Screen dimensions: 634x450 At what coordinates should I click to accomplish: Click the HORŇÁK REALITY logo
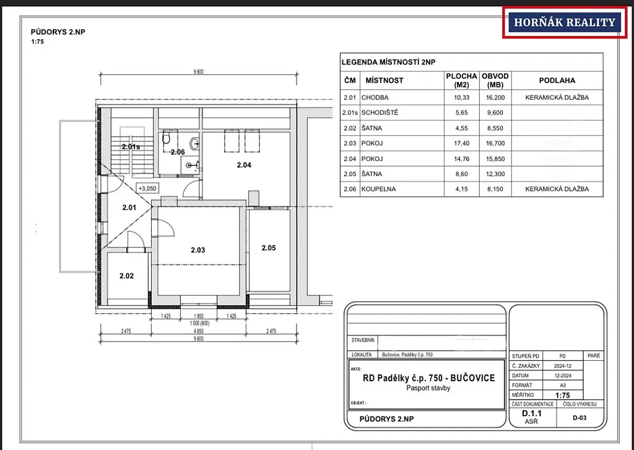(565, 22)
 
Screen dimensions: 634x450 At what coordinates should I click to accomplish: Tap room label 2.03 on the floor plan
(198, 250)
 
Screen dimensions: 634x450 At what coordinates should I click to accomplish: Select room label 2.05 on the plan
(269, 248)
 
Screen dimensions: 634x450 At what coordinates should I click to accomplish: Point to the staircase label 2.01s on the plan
(131, 147)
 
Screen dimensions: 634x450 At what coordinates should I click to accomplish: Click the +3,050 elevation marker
(147, 188)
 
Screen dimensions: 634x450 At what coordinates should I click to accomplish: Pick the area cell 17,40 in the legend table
(461, 143)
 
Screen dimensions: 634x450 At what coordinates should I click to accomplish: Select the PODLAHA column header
(557, 81)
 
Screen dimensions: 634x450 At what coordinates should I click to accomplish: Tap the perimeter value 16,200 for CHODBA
(495, 97)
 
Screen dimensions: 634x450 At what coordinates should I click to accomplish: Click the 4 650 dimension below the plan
(199, 331)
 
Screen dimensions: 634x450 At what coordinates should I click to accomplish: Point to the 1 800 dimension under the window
(199, 316)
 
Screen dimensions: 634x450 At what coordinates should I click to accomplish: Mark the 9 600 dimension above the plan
(199, 72)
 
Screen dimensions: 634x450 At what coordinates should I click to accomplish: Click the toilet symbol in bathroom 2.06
(166, 138)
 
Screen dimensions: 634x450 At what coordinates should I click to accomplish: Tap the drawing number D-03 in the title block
(580, 418)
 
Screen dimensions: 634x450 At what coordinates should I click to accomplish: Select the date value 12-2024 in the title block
(562, 376)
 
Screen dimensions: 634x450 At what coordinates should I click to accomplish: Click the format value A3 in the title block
(562, 386)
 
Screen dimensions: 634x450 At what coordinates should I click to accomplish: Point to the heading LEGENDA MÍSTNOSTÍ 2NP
(389, 63)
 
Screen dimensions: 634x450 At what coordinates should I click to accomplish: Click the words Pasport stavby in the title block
(428, 388)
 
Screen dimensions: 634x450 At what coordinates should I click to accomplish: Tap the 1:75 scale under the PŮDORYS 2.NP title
(38, 42)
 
